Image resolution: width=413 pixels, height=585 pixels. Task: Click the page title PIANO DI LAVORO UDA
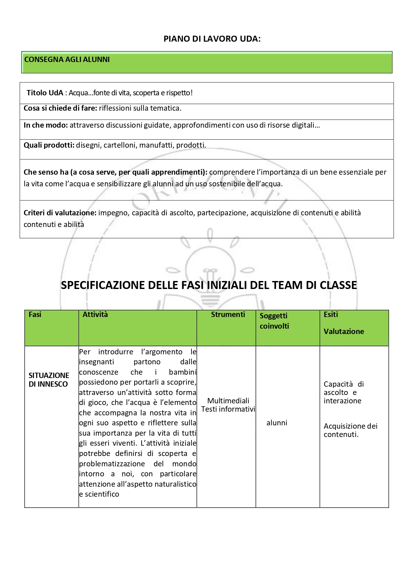coord(212,39)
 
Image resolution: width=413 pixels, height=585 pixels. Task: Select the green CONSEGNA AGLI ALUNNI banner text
coord(67,60)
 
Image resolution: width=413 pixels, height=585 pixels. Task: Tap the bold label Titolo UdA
coord(45,93)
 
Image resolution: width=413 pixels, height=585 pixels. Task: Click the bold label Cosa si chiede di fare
coord(60,108)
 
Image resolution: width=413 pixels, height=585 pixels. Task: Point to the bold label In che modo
coord(46,125)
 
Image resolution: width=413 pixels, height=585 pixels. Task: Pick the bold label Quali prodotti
coord(49,145)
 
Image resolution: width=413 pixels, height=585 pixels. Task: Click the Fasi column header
coord(35,315)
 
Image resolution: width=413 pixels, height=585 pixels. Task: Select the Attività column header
coord(95,315)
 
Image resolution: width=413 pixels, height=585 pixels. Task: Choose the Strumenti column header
coord(228,315)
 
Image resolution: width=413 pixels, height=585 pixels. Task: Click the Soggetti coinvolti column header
coord(274,321)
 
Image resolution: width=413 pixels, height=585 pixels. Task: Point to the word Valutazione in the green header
coord(344,332)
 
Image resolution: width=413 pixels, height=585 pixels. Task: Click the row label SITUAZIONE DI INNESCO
coord(49,380)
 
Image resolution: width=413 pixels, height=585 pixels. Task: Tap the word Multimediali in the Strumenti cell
coord(228,401)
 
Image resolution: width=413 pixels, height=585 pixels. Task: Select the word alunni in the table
coord(277,423)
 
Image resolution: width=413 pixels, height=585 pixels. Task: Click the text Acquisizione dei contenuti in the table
coord(350,430)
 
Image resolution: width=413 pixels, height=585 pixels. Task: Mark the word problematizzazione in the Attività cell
coord(112,464)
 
